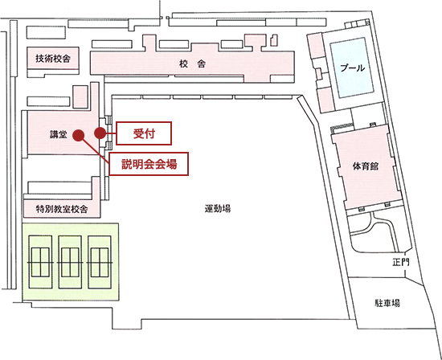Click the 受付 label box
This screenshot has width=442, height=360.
click(x=144, y=133)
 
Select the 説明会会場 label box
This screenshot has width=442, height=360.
click(x=149, y=164)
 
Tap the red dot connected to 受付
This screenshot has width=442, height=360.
click(x=100, y=133)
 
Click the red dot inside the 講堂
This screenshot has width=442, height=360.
click(x=79, y=135)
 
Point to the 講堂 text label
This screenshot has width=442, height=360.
click(x=59, y=134)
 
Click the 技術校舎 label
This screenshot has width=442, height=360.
click(x=53, y=59)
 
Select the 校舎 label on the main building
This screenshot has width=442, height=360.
click(x=193, y=64)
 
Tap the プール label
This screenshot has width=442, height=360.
click(x=352, y=68)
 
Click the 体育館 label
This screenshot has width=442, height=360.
click(x=366, y=166)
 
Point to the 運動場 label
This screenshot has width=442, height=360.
click(x=218, y=209)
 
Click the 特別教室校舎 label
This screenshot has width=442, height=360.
click(x=62, y=209)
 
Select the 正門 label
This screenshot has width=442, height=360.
click(x=400, y=263)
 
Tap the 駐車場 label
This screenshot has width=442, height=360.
click(x=387, y=303)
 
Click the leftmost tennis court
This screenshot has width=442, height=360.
click(x=40, y=262)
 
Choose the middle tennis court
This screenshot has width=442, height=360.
click(x=70, y=262)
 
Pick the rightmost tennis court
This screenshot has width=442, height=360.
click(x=100, y=262)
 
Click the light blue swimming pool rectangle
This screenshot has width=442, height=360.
click(x=352, y=67)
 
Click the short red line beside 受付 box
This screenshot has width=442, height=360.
click(x=111, y=133)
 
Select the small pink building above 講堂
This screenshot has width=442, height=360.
click(x=80, y=96)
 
